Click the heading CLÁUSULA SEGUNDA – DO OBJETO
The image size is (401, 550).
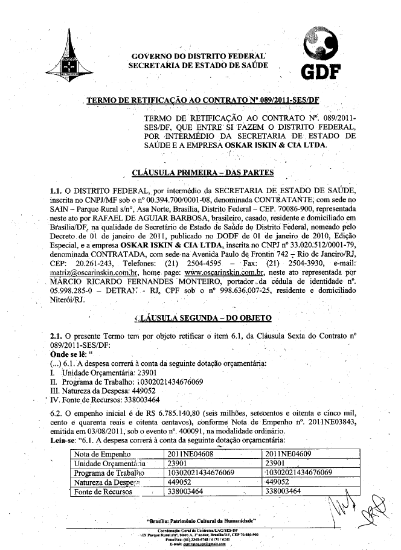tap(202, 318)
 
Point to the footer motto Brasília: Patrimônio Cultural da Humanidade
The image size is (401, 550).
tap(202, 520)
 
